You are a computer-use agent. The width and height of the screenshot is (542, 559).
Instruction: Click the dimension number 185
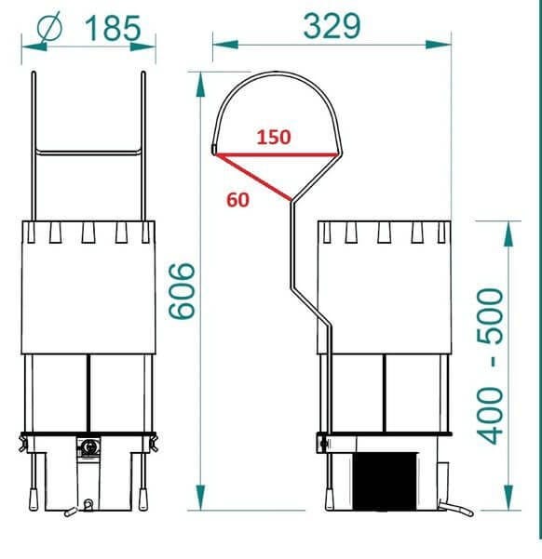113,28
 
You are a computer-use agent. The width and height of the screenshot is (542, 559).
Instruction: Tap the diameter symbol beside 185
49,27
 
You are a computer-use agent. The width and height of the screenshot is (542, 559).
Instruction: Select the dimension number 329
332,26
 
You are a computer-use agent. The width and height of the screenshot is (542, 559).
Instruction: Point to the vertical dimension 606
183,291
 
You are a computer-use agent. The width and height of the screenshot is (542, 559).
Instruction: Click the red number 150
274,138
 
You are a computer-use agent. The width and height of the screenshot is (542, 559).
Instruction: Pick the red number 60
237,200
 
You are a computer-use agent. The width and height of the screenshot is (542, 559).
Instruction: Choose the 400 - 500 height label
490,366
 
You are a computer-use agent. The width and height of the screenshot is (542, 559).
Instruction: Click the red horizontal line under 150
276,154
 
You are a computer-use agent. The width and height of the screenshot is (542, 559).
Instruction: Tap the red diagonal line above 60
253,177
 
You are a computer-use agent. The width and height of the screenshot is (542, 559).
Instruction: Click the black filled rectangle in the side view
385,481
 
